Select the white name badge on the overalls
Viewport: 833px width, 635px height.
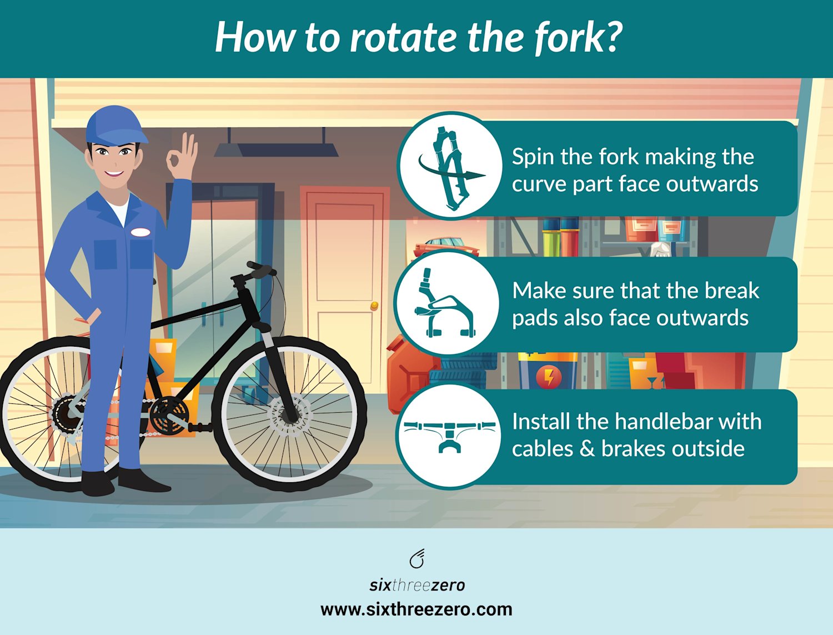pos(140,232)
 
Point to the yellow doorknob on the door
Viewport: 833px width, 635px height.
pos(374,306)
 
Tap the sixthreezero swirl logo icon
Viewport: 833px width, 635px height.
pos(416,559)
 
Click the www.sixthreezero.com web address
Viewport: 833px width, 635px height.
pos(416,609)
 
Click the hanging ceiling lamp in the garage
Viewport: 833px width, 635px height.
pos(276,149)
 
